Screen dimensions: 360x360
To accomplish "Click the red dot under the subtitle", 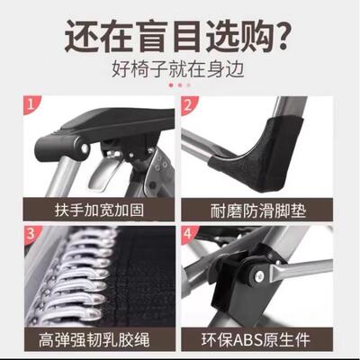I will (x=171, y=85).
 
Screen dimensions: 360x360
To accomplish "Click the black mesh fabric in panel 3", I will (x=135, y=270).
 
